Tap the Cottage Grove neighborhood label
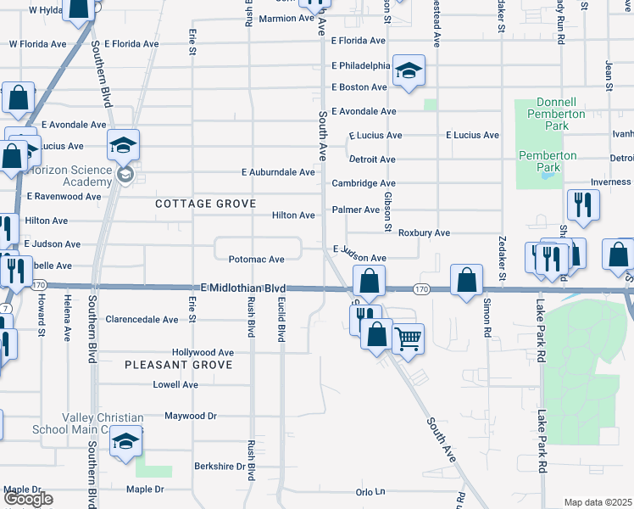205,204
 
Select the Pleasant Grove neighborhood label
178,364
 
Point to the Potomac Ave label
257,260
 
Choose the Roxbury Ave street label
424,232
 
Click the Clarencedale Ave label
142,320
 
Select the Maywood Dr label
191,416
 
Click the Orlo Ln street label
370,491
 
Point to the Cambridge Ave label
364,183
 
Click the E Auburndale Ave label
279,172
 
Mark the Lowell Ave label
175,384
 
